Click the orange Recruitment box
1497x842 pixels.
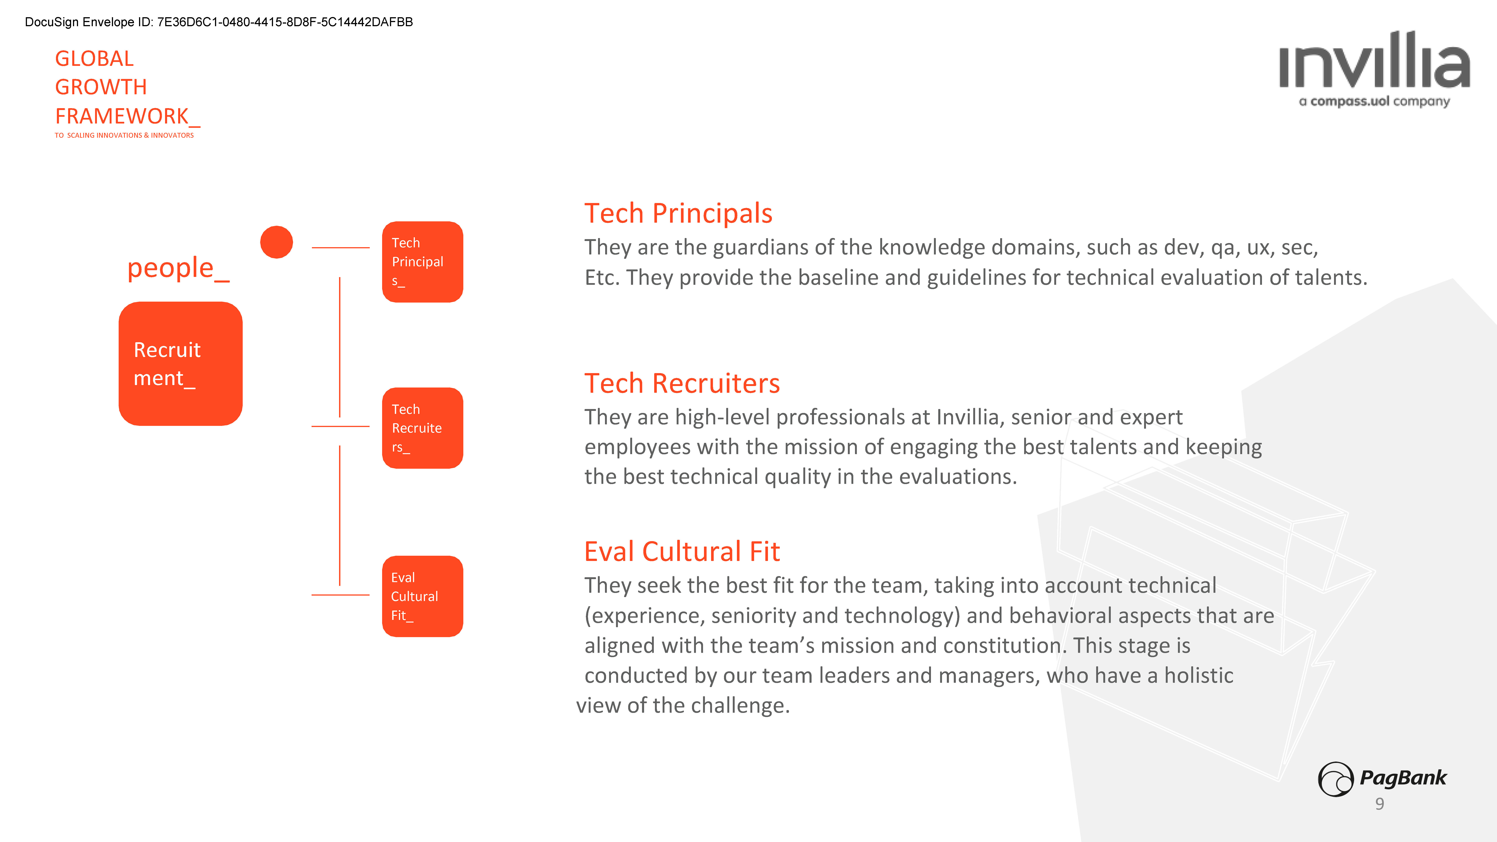coord(180,364)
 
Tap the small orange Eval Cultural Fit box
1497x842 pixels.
coord(423,596)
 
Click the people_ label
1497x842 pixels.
coord(178,269)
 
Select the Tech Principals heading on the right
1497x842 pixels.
coord(678,213)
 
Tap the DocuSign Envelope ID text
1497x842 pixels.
coord(219,22)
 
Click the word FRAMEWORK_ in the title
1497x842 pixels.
coord(127,116)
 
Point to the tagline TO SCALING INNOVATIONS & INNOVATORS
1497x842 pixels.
coord(124,135)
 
